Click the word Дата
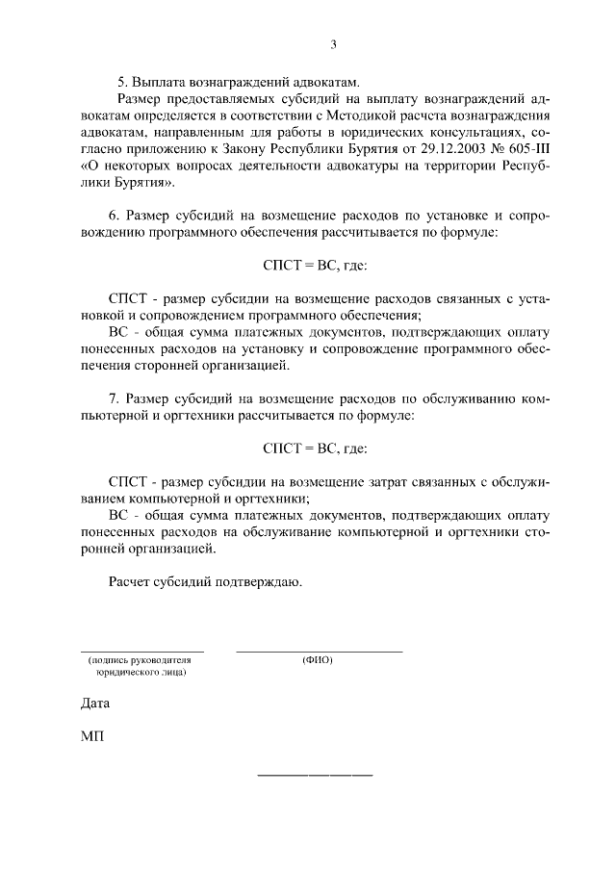tap(95, 704)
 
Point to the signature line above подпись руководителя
tap(141, 652)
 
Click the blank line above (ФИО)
tap(319, 652)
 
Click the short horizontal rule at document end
tap(315, 776)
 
